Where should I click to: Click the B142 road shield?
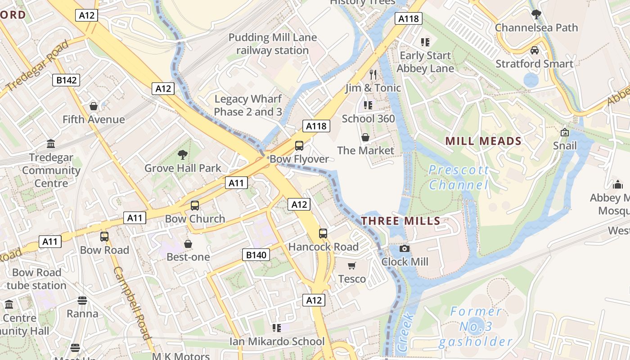(66, 80)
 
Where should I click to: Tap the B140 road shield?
(256, 255)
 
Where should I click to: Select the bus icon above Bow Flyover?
(299, 145)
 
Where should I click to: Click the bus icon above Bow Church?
(195, 205)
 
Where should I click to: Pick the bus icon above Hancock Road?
(323, 233)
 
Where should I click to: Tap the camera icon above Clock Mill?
(405, 248)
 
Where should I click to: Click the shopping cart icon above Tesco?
(352, 265)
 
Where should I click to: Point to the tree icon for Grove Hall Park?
(183, 155)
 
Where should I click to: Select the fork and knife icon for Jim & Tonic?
(373, 74)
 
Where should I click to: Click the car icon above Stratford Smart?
(535, 50)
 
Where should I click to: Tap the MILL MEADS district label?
(483, 141)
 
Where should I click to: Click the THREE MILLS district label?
(400, 220)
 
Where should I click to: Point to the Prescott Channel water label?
(459, 177)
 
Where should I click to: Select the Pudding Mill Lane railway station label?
(273, 44)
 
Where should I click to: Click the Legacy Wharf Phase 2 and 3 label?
(248, 105)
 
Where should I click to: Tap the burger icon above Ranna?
(82, 300)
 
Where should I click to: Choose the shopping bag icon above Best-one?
(188, 244)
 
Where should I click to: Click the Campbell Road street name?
(131, 302)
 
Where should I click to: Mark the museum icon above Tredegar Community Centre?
(51, 144)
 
